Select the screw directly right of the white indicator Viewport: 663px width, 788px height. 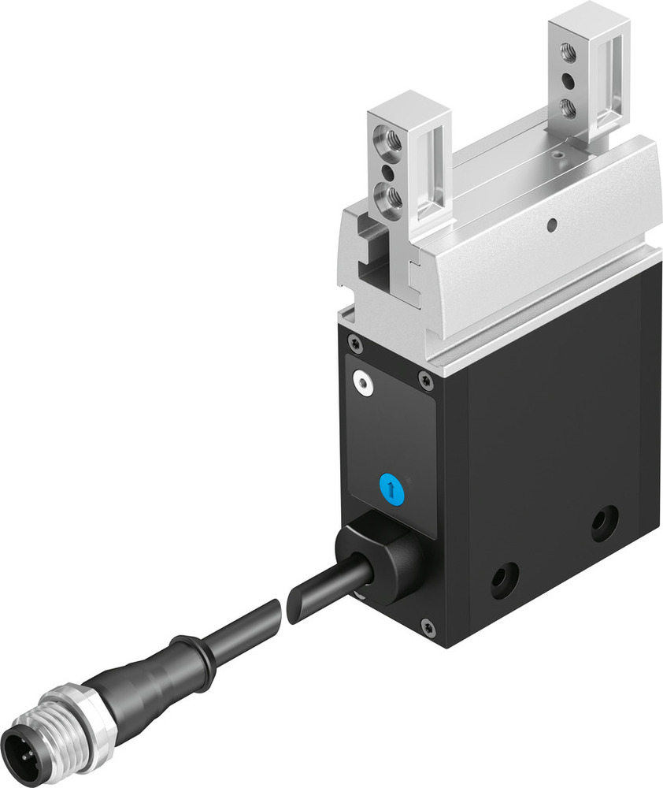coord(426,381)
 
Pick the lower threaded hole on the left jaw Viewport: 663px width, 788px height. coord(390,195)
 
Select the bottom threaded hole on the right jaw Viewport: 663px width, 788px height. coord(567,106)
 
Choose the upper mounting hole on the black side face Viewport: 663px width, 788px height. coord(604,522)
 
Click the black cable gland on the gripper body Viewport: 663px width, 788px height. coord(382,561)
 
